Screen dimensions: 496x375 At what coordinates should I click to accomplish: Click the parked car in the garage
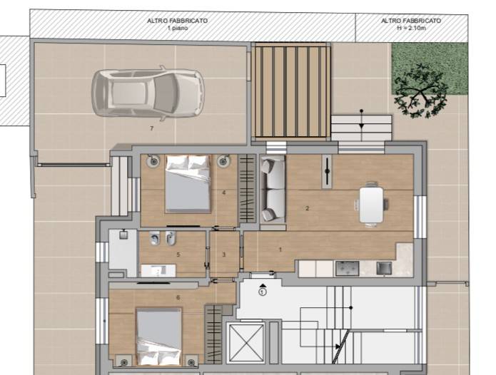[148, 93]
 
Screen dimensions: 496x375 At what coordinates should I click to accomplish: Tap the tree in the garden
[420, 91]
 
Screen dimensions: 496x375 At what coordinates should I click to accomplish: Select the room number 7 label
[152, 128]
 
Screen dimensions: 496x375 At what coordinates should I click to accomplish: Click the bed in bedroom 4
[188, 183]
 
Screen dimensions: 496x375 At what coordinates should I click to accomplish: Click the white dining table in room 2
[371, 204]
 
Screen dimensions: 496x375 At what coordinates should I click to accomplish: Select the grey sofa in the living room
[273, 189]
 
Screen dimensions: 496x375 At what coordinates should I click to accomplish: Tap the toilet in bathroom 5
[155, 238]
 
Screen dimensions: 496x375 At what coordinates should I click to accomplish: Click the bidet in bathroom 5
[171, 238]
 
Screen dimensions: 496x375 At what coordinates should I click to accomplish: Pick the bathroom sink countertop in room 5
[158, 271]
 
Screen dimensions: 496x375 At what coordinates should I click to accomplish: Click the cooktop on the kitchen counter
[347, 268]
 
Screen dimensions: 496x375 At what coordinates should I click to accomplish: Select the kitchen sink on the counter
[384, 268]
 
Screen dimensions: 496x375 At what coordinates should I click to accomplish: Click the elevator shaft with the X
[246, 342]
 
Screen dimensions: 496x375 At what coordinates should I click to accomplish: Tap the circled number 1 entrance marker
[262, 292]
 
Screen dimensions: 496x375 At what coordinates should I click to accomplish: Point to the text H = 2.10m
[411, 28]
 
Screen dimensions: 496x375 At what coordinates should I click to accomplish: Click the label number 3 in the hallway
[224, 255]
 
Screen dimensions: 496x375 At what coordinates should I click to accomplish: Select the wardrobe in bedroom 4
[247, 189]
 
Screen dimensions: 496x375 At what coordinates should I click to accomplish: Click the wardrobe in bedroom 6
[214, 335]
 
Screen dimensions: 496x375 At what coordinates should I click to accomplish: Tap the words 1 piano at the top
[178, 28]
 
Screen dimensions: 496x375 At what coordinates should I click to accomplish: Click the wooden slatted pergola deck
[290, 91]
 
